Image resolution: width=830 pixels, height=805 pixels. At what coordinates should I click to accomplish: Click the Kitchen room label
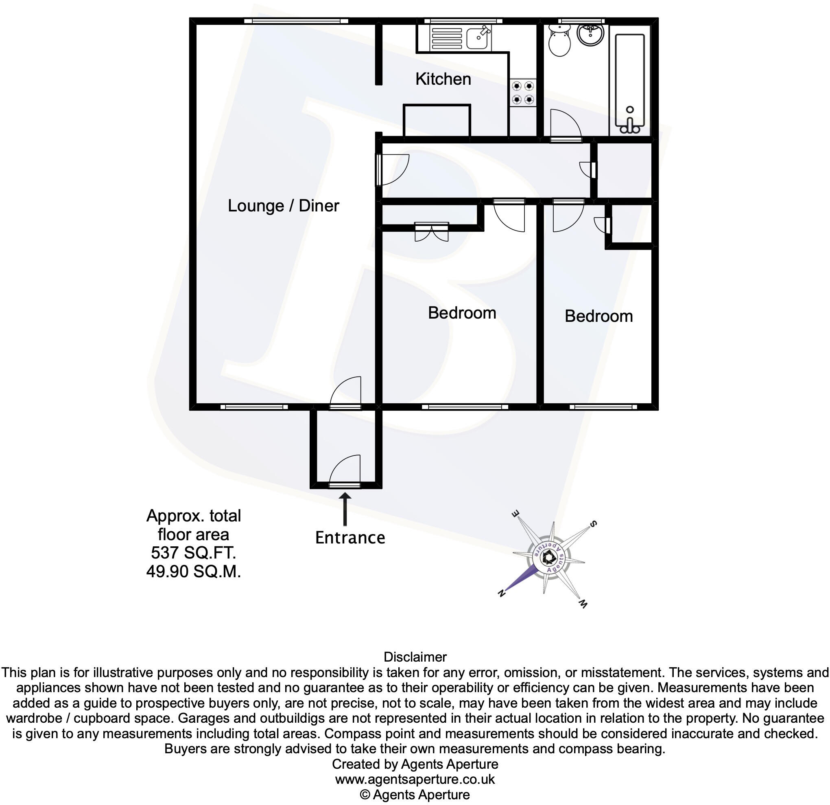[443, 79]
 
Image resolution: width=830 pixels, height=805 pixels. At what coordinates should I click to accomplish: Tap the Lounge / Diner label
[283, 206]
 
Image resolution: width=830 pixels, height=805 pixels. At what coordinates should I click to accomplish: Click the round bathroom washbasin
[591, 33]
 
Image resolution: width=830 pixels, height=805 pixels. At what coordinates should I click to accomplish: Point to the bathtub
[630, 81]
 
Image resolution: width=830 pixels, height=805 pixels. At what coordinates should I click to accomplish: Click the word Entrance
[350, 538]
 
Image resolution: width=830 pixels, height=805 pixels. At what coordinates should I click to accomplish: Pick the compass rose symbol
[548, 559]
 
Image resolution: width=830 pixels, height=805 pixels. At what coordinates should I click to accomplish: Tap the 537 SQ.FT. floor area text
[194, 553]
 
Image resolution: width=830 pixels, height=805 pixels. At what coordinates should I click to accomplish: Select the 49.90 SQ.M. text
[194, 572]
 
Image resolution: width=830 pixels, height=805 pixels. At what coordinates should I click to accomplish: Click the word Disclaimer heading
[415, 657]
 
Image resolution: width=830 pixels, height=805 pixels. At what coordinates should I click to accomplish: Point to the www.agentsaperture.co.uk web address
[415, 779]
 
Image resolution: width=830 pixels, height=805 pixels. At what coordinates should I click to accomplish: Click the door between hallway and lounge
[393, 170]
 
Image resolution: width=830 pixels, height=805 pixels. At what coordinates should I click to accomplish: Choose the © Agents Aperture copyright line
[415, 795]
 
